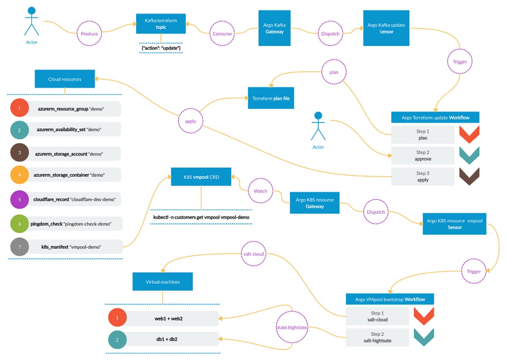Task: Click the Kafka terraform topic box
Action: click(161, 23)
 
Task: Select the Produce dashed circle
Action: click(89, 34)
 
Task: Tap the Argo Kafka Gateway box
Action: click(275, 28)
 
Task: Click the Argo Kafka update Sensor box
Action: click(386, 28)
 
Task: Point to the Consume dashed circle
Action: click(222, 34)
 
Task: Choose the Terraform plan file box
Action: click(270, 98)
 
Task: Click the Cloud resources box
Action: click(65, 79)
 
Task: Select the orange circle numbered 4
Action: click(19, 174)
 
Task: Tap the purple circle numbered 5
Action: click(19, 199)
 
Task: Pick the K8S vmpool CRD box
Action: click(201, 176)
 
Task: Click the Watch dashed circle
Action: click(261, 191)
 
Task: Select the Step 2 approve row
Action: click(423, 156)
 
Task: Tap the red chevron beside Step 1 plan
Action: click(469, 134)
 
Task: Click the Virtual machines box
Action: click(163, 282)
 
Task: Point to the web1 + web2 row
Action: click(163, 318)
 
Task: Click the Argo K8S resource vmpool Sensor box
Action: click(455, 224)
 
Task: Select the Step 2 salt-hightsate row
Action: click(377, 337)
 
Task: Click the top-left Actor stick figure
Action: click(32, 21)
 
